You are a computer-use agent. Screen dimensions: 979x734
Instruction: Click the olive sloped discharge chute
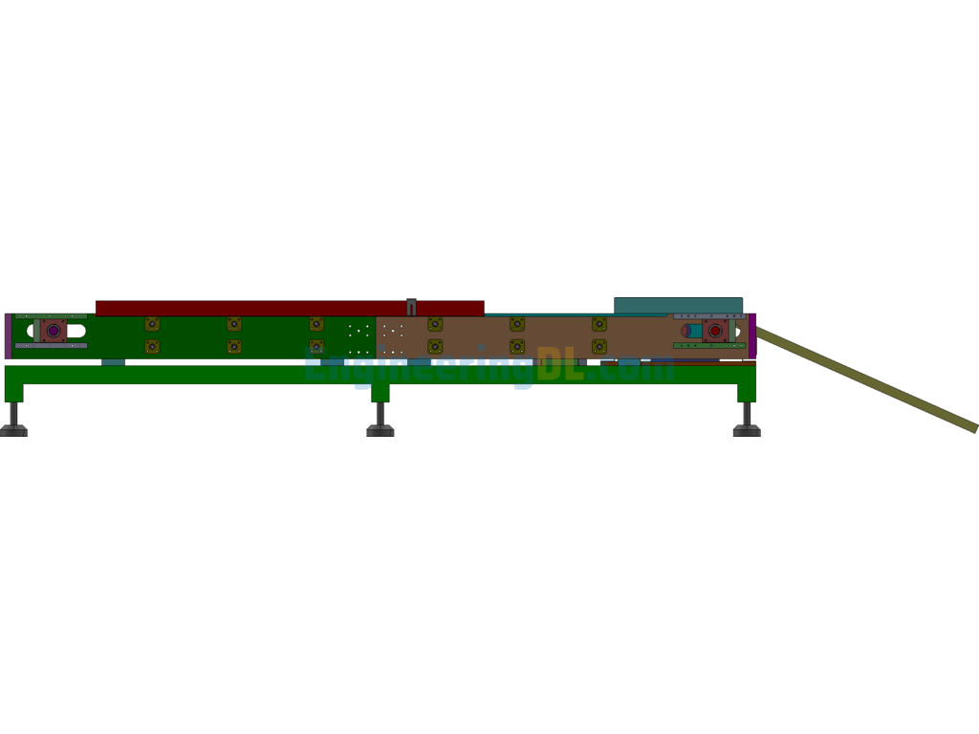tap(866, 378)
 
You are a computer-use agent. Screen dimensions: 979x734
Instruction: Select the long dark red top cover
tap(290, 309)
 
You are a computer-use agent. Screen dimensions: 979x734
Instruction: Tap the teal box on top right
tap(678, 306)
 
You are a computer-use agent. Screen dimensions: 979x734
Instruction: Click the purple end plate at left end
tap(8, 335)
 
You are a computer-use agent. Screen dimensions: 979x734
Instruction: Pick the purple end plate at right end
tap(752, 335)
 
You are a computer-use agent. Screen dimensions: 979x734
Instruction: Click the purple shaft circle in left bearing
tap(54, 331)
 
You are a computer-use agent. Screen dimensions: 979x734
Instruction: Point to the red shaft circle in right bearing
tap(715, 331)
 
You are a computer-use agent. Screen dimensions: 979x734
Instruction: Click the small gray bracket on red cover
tap(411, 307)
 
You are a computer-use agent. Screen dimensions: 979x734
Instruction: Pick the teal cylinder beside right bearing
tap(694, 331)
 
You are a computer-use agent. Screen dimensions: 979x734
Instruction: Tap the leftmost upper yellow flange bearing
tap(152, 324)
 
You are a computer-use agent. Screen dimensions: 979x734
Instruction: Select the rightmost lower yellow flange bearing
tap(599, 346)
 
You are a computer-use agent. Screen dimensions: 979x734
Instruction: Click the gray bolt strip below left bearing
tap(52, 345)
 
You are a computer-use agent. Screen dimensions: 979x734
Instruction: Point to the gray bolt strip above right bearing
tap(709, 316)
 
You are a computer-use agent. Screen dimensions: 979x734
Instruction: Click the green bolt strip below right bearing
tap(709, 345)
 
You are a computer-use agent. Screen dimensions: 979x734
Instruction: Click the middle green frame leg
tap(381, 393)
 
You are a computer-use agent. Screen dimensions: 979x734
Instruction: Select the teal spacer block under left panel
tap(114, 362)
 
